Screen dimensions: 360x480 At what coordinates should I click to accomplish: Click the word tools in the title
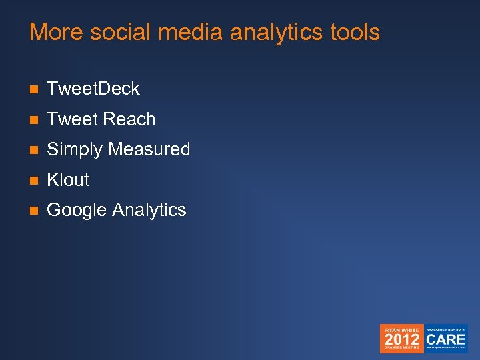click(355, 32)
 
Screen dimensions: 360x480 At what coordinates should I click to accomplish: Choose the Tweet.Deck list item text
click(93, 89)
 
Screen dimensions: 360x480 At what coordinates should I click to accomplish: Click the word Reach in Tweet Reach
click(129, 119)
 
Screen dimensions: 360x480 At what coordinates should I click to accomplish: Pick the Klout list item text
click(68, 180)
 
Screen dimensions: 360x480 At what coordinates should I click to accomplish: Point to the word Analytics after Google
click(149, 211)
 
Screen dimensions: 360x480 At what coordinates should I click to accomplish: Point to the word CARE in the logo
click(446, 338)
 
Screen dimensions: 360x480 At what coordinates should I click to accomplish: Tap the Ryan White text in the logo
click(401, 329)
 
